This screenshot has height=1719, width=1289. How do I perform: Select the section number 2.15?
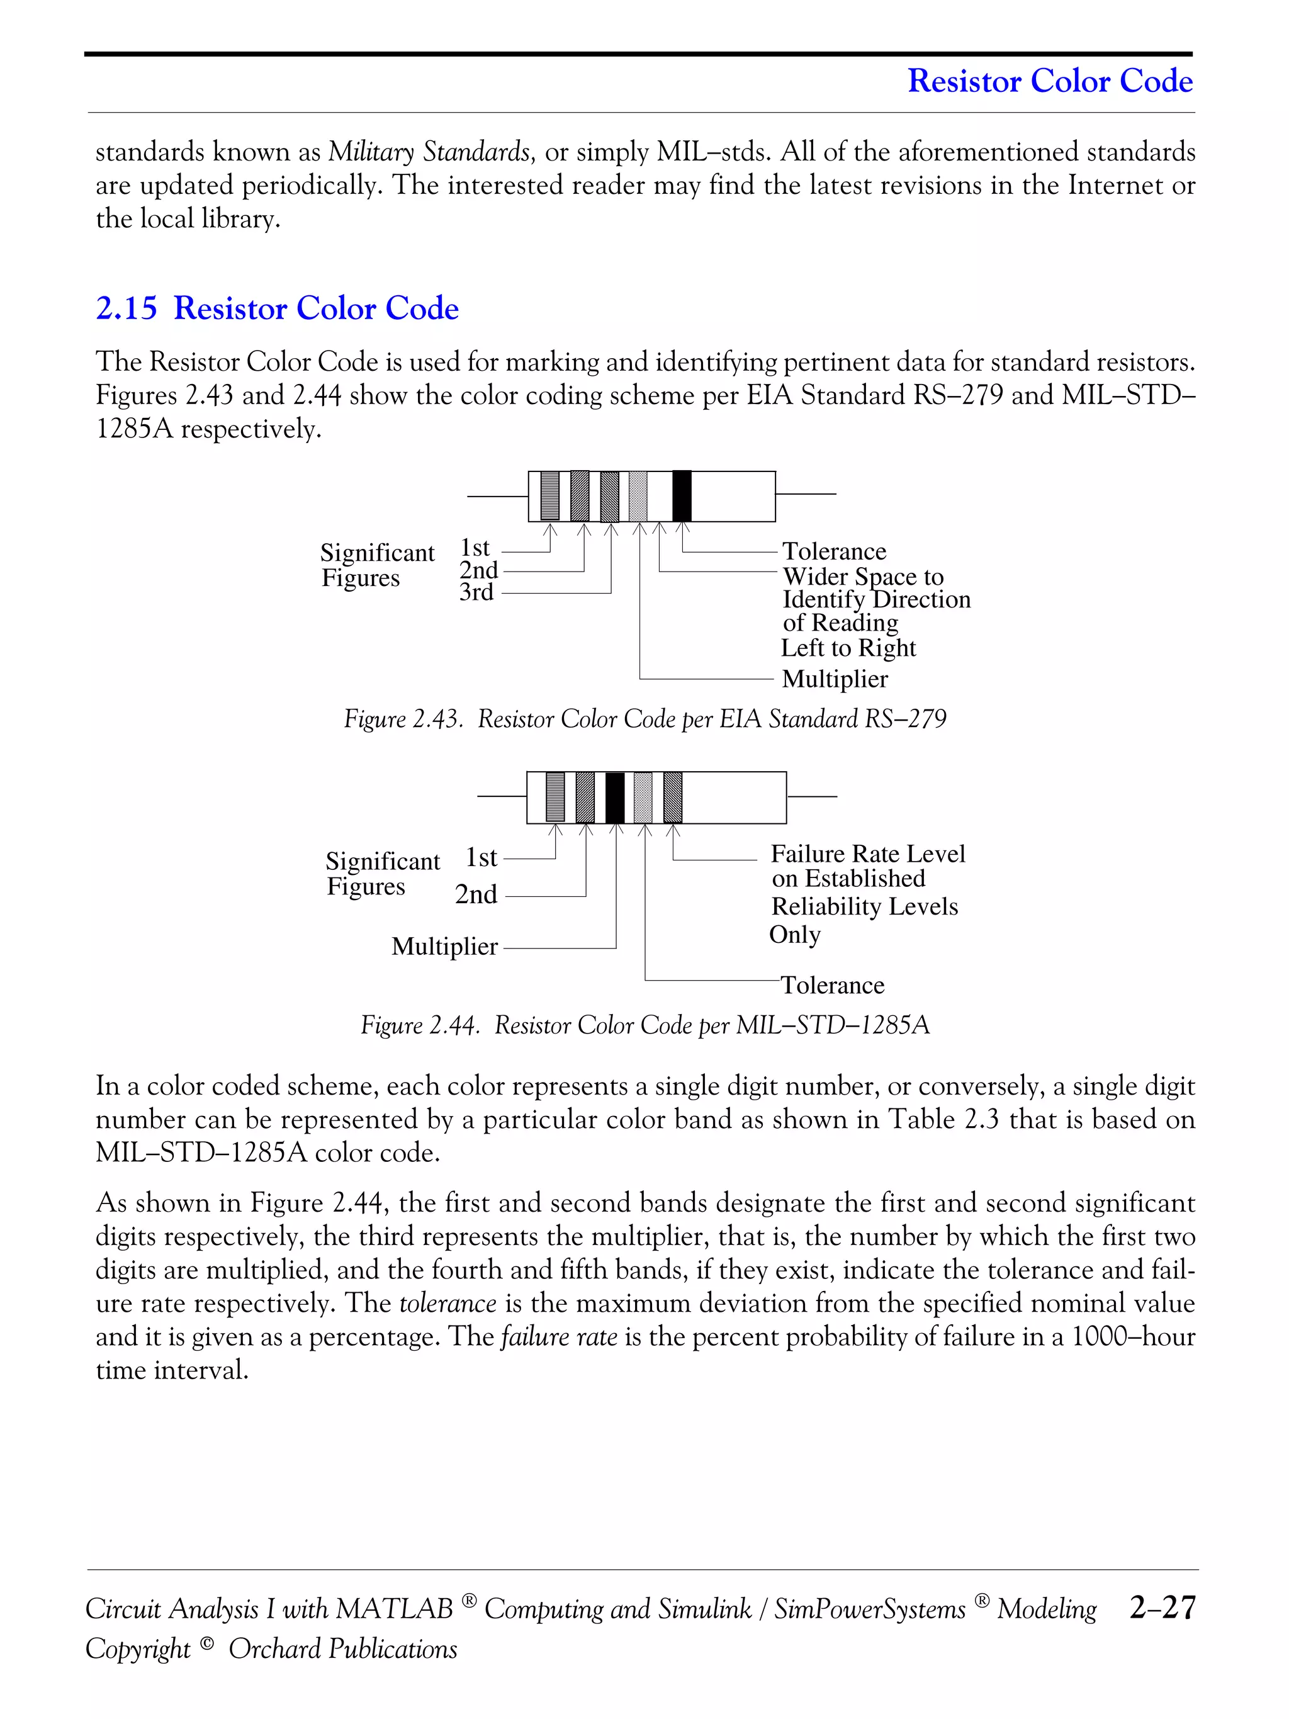[126, 308]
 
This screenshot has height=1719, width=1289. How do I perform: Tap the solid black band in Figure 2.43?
[682, 496]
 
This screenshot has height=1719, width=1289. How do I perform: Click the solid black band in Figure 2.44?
[614, 798]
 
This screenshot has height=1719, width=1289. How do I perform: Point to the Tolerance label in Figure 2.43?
[834, 551]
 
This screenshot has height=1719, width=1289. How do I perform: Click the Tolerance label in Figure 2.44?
[832, 986]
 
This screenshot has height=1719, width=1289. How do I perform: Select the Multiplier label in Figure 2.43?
[835, 679]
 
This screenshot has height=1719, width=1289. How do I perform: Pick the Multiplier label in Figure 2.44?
[444, 947]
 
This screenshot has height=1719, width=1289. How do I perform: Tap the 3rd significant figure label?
[476, 592]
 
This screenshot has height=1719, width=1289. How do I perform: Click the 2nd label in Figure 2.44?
[476, 894]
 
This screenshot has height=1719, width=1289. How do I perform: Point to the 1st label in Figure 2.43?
[475, 548]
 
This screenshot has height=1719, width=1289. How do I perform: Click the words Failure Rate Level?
[867, 854]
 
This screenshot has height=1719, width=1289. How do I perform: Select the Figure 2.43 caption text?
[645, 719]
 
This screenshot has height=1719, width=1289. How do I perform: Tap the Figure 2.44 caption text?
[645, 1026]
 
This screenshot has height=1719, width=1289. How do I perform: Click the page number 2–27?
[1162, 1607]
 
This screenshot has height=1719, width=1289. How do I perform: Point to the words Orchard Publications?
[342, 1649]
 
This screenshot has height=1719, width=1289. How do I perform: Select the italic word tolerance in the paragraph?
[447, 1303]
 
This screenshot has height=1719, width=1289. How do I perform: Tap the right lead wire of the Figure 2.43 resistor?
[806, 494]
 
